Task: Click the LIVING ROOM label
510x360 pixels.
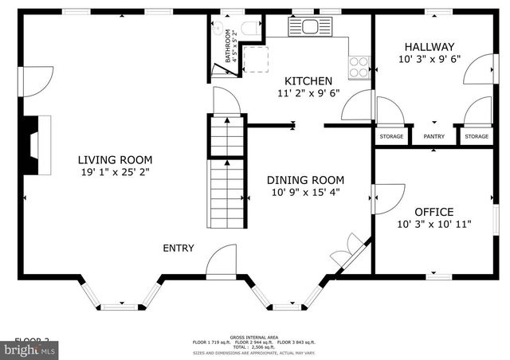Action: click(116, 159)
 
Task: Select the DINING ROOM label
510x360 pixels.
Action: click(305, 180)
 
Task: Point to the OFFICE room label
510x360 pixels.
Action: click(434, 212)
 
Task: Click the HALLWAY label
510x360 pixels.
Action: click(429, 47)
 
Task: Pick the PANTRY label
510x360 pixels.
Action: click(434, 137)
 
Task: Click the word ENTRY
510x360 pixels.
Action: click(178, 248)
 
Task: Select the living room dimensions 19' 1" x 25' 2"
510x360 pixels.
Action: click(116, 172)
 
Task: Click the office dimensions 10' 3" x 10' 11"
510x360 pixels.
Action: click(434, 225)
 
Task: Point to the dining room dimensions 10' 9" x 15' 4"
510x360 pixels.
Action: click(305, 193)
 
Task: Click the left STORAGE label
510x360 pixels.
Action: click(391, 137)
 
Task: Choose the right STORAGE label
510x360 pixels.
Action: click(477, 137)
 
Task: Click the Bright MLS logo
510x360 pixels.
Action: click(29, 349)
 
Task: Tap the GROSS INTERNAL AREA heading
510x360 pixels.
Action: click(254, 337)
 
